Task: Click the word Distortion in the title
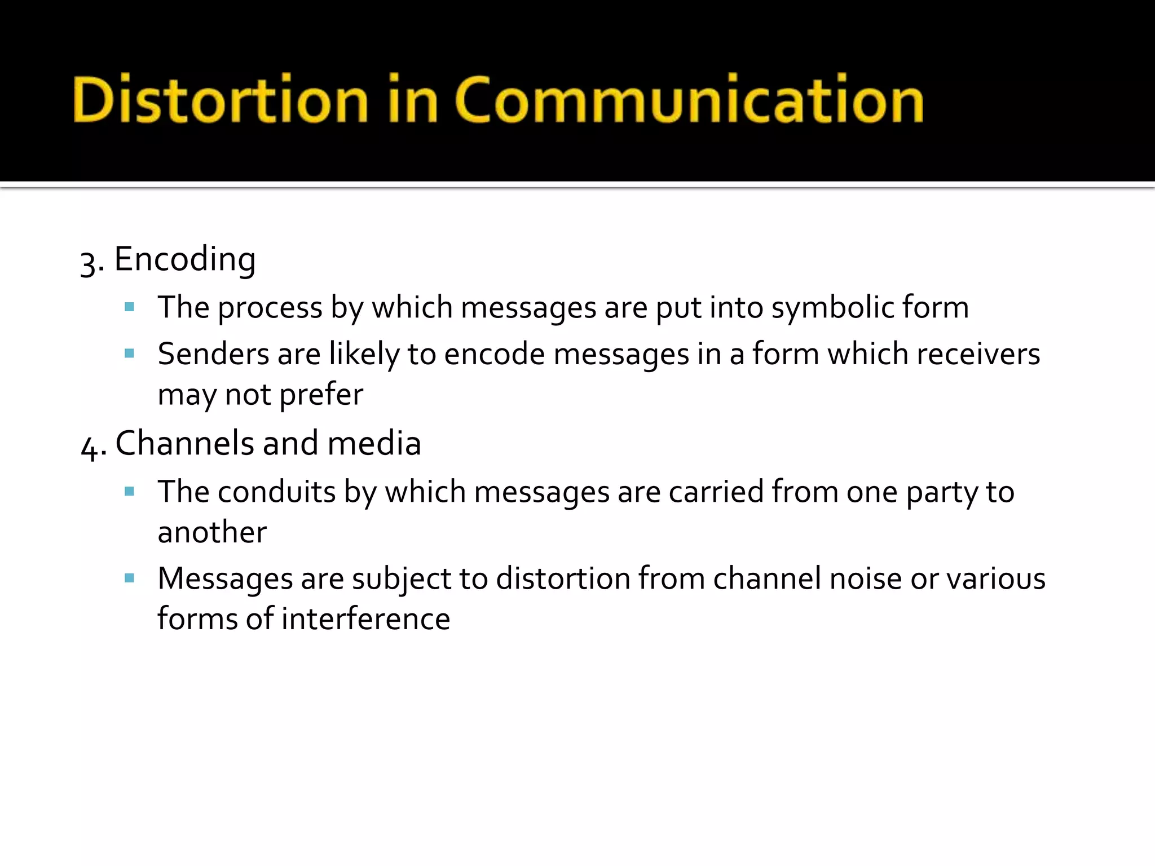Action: pos(221,99)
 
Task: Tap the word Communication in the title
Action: pos(689,99)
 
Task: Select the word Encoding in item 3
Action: pos(185,260)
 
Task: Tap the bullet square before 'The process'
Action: pos(129,307)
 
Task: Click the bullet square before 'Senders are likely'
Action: pos(129,354)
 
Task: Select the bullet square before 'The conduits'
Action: pos(129,492)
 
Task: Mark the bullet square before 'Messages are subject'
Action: pos(129,578)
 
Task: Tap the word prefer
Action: pos(321,395)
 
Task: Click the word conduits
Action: pos(276,492)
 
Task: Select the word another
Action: pos(212,533)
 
